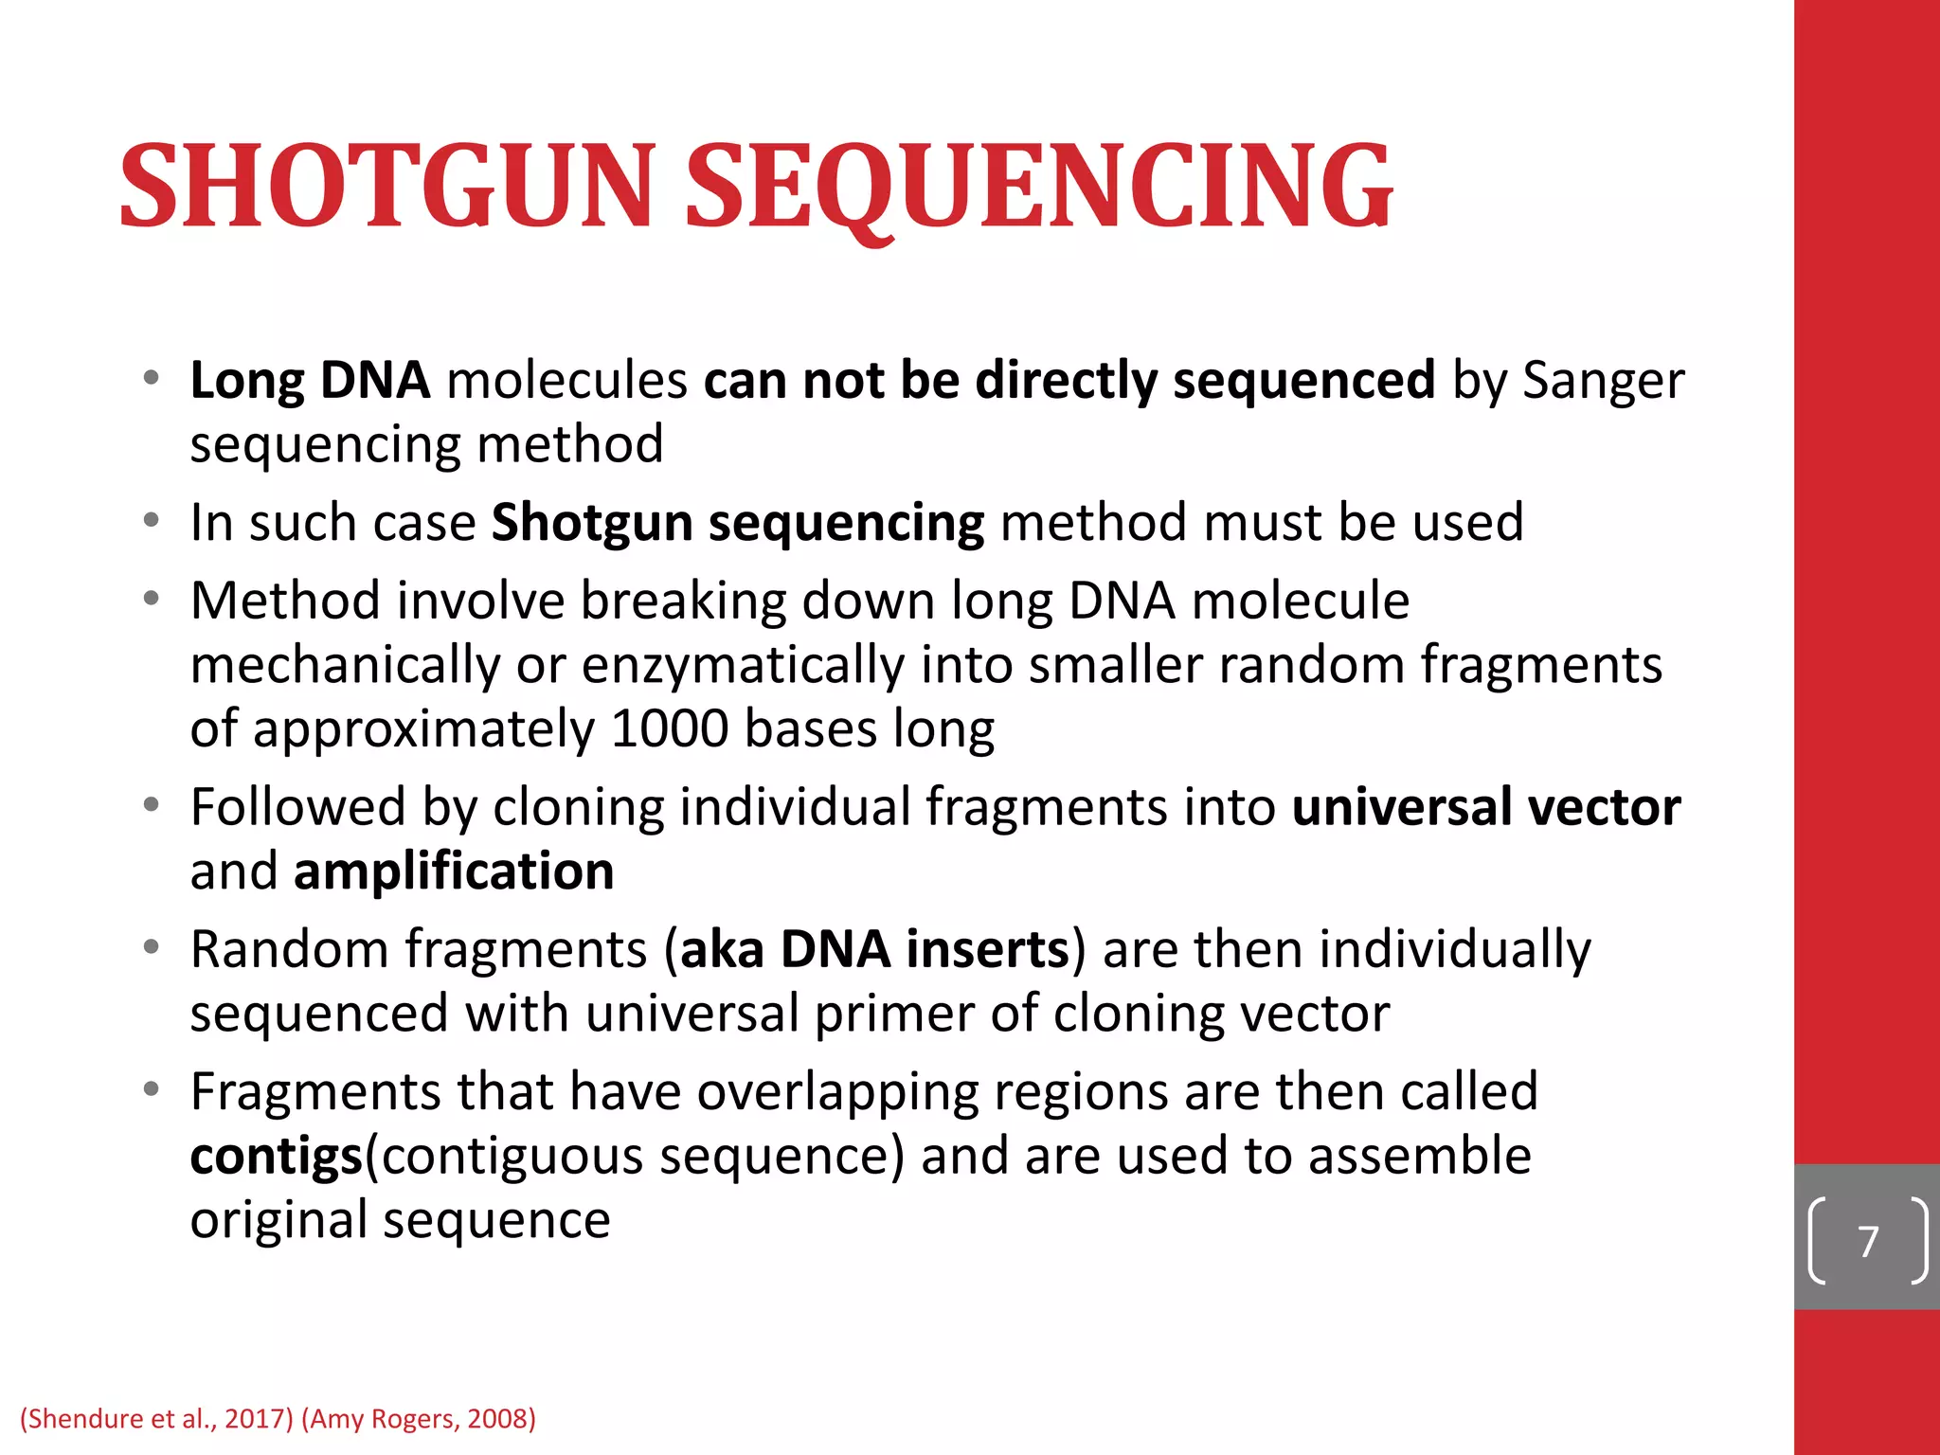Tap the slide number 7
(x=1868, y=1241)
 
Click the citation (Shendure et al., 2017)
(x=156, y=1418)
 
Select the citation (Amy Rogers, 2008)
(x=419, y=1418)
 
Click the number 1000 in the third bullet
(x=670, y=729)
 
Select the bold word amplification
(x=454, y=871)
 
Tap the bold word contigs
(x=276, y=1157)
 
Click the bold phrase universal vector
(x=1485, y=807)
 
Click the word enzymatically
(x=743, y=665)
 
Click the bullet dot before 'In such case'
(x=152, y=521)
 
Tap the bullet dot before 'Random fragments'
(x=152, y=947)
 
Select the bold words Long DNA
(x=310, y=381)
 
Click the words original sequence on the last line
(x=400, y=1220)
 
